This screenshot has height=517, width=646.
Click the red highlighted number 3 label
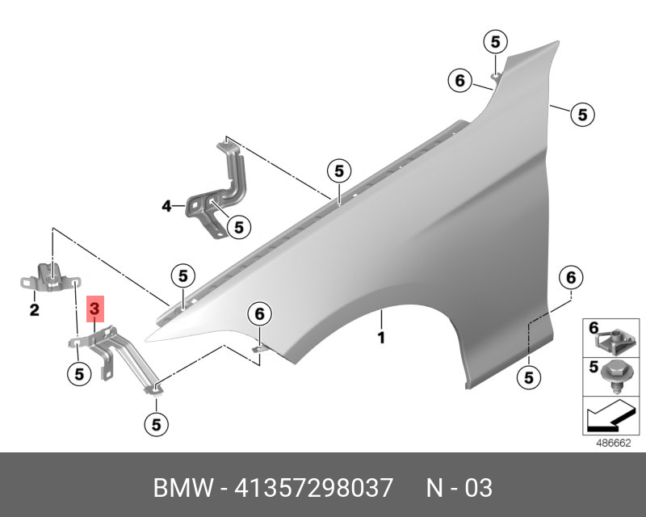[94, 309]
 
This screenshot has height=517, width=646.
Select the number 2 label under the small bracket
[35, 309]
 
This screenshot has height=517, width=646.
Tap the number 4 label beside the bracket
[166, 207]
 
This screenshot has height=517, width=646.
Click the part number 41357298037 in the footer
[314, 489]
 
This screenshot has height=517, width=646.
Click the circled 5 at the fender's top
[494, 41]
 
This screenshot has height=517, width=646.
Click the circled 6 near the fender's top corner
[459, 81]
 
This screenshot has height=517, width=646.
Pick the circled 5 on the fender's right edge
[582, 115]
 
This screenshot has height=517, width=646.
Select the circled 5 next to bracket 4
[238, 228]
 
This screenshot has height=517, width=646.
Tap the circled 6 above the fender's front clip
[259, 313]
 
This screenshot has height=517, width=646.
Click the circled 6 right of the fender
[570, 278]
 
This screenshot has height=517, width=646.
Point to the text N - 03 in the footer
[459, 489]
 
